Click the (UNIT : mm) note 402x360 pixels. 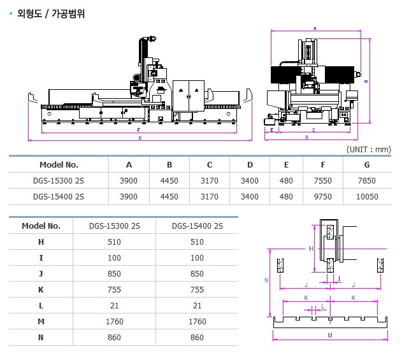point(368,149)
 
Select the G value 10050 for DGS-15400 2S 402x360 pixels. point(366,197)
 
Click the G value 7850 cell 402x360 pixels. point(366,180)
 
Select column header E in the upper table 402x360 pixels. point(286,164)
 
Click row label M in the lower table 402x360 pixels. point(41,322)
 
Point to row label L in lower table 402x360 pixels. point(41,306)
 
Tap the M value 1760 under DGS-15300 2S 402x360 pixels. point(115,322)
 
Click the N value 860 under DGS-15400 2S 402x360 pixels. point(197,338)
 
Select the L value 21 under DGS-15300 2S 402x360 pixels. point(115,306)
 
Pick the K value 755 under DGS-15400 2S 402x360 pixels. point(197,290)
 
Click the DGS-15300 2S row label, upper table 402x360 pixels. point(58,180)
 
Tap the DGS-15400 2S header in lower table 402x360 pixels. point(197,226)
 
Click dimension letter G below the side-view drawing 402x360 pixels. point(140,138)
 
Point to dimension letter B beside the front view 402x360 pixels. point(366,81)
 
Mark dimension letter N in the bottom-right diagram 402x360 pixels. point(266,280)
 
